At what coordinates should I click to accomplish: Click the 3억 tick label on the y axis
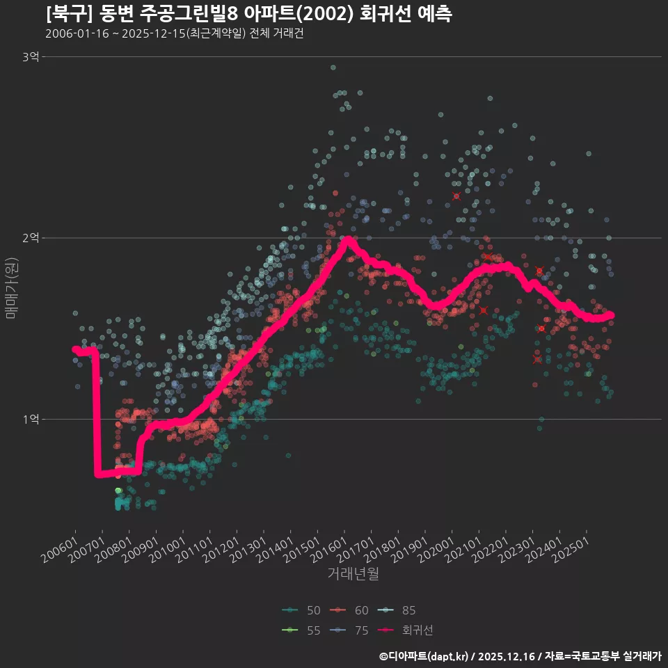click(x=30, y=56)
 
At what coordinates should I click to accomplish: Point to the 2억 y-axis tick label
click(x=30, y=238)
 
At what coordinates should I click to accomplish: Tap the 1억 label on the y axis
click(x=30, y=419)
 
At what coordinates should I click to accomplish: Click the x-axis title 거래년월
click(x=353, y=574)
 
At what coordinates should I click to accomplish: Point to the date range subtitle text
click(x=174, y=34)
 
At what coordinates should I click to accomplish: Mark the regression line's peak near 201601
click(x=347, y=240)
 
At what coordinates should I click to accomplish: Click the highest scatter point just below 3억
click(x=333, y=67)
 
